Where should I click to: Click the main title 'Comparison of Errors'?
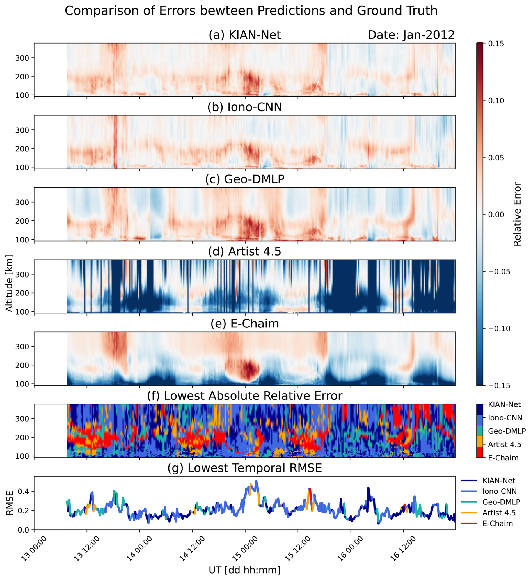pyautogui.click(x=251, y=11)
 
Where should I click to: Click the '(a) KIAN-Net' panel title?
pyautogui.click(x=245, y=35)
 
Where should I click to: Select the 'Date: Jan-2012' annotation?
pyautogui.click(x=411, y=35)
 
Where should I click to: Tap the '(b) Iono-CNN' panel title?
pyautogui.click(x=245, y=107)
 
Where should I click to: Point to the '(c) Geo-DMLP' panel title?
pyautogui.click(x=245, y=179)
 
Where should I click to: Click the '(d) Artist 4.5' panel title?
pyautogui.click(x=245, y=251)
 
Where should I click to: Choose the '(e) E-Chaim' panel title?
pyautogui.click(x=245, y=324)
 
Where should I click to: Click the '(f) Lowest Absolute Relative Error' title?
pyautogui.click(x=245, y=396)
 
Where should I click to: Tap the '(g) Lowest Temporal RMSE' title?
pyautogui.click(x=245, y=468)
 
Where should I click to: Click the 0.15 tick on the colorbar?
pyautogui.click(x=496, y=44)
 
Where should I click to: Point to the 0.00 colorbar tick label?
pyautogui.click(x=496, y=215)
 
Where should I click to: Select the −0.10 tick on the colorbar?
pyautogui.click(x=497, y=329)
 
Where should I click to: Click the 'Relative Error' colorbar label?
pyautogui.click(x=517, y=214)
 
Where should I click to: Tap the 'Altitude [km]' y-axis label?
pyautogui.click(x=9, y=283)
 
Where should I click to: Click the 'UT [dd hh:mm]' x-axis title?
pyautogui.click(x=245, y=570)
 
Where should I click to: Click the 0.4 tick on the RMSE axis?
pyautogui.click(x=24, y=492)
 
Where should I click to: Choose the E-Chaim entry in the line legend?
pyautogui.click(x=497, y=524)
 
